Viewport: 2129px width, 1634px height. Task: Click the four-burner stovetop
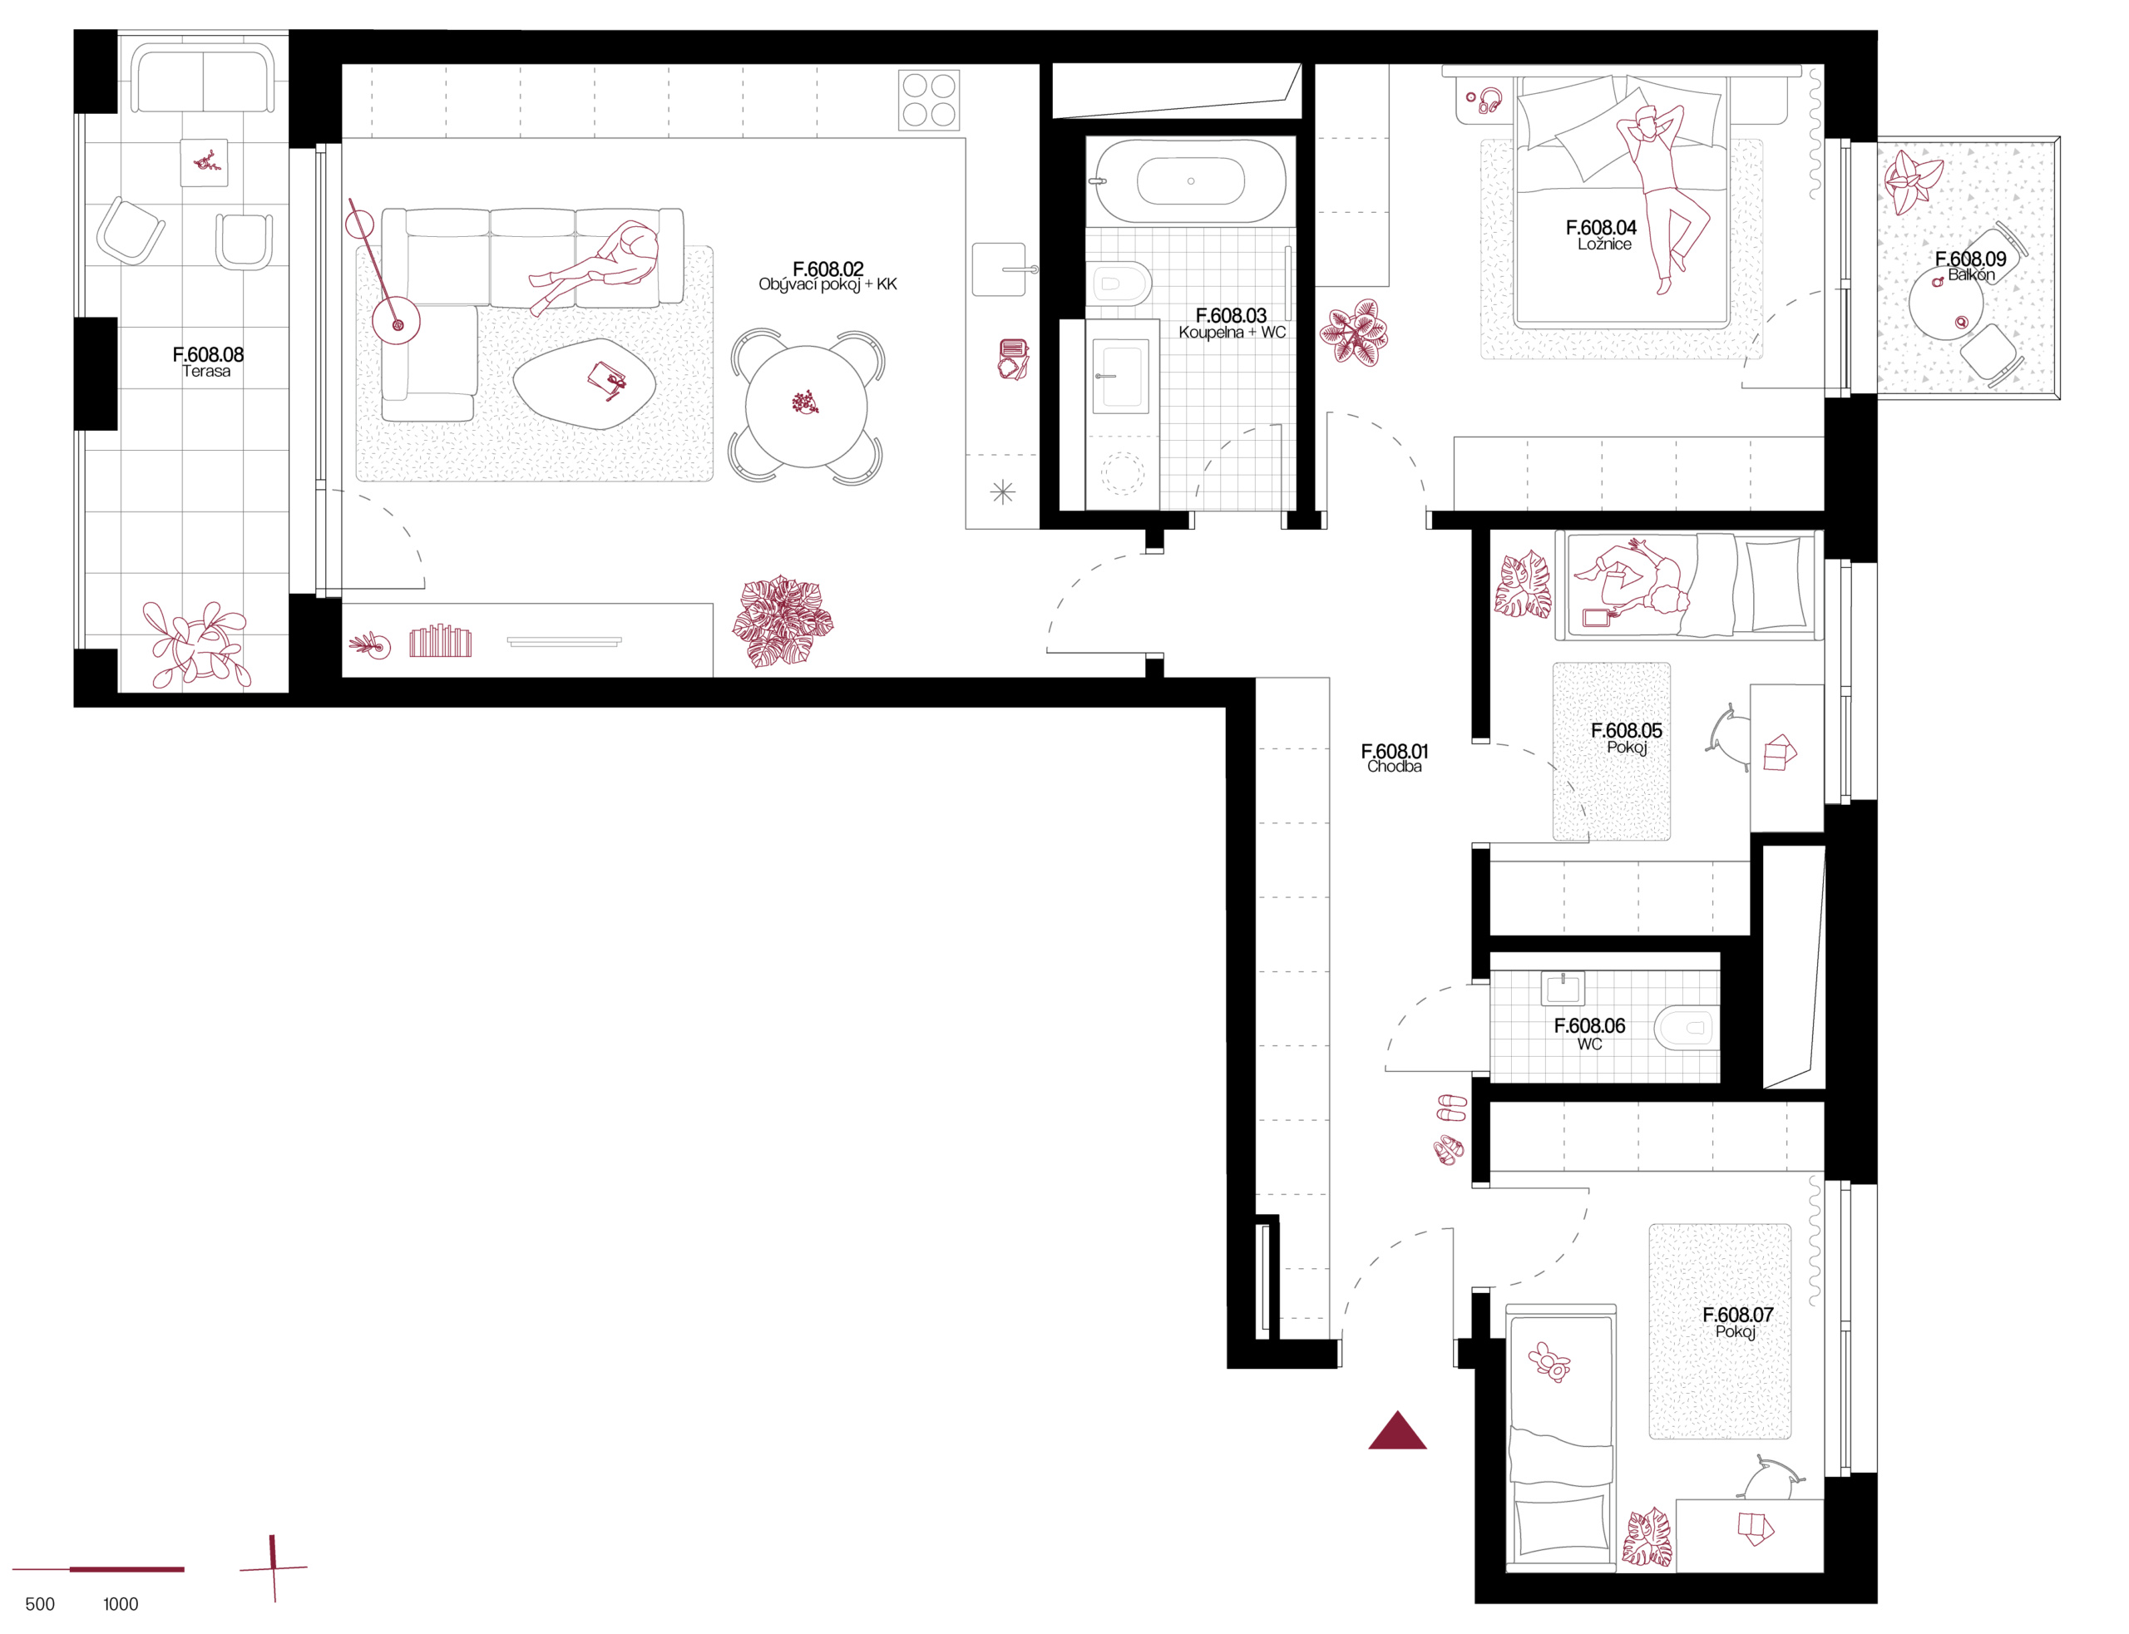pos(928,100)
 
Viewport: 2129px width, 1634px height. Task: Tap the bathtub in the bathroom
pos(1189,181)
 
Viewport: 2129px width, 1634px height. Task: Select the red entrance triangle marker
pos(1396,1431)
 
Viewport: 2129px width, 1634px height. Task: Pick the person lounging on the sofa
pos(602,264)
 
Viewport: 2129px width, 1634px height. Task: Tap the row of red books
pos(441,641)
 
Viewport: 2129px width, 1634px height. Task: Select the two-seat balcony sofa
pos(202,79)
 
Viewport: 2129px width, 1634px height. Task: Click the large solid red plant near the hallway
pos(782,620)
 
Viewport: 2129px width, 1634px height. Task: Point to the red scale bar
pos(97,1569)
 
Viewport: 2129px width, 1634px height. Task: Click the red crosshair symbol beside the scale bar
pos(274,1567)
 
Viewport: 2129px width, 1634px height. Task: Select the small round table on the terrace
pos(1944,304)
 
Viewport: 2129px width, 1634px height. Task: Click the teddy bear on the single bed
pos(1549,1360)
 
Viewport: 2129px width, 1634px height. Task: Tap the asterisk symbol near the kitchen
pos(1002,492)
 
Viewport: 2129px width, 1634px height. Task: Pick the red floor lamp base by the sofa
pos(396,321)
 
